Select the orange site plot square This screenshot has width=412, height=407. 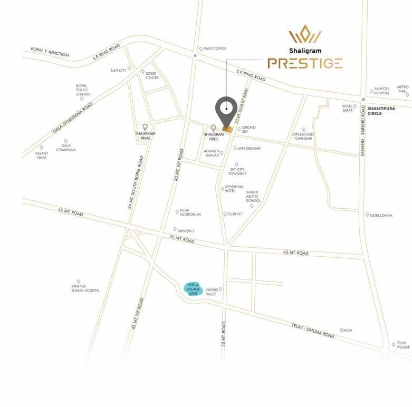(227, 129)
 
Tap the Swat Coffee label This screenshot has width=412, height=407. (215, 49)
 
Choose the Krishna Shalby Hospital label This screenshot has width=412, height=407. (85, 288)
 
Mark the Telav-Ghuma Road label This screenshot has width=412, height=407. (313, 331)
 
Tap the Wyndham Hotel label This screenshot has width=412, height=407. (233, 189)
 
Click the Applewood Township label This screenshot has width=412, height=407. (303, 137)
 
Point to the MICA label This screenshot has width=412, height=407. (347, 331)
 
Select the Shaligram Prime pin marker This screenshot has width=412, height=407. (145, 127)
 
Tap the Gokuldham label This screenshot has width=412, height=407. (381, 215)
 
